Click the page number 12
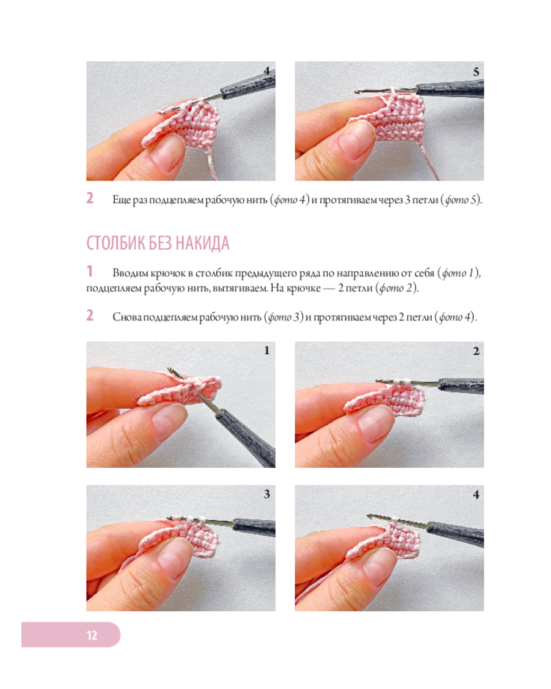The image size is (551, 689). tap(92, 635)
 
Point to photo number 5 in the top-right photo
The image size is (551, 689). tap(476, 72)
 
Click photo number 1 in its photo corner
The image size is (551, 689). tap(267, 350)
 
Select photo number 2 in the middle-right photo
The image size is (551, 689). tap(476, 351)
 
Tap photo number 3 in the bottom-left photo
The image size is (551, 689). tap(267, 494)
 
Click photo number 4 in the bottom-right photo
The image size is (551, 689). tap(476, 495)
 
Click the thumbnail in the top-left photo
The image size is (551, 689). tap(167, 152)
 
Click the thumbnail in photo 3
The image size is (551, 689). tap(172, 555)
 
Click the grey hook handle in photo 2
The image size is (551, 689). tap(461, 387)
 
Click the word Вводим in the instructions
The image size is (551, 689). tap(130, 274)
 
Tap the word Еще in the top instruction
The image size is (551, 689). tap(121, 200)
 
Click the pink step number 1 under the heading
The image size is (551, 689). tap(90, 271)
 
